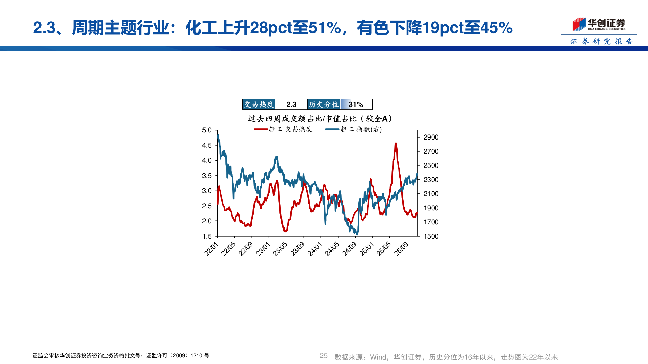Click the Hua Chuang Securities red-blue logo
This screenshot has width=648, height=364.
(x=579, y=24)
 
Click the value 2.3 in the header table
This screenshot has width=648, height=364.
(x=291, y=104)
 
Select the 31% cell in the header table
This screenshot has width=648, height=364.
(x=356, y=104)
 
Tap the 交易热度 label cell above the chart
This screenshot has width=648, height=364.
(x=259, y=104)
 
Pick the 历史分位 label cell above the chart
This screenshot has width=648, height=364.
(x=324, y=104)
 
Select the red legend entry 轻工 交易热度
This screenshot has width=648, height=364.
(x=283, y=129)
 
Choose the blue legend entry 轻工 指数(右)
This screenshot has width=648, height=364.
(x=354, y=129)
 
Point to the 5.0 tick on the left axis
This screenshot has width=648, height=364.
(x=207, y=130)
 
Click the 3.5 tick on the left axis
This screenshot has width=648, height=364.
(x=207, y=176)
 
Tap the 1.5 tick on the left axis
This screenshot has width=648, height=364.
(x=207, y=236)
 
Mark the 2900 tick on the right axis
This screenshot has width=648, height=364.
(x=431, y=137)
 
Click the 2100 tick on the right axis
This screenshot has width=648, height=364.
(x=431, y=194)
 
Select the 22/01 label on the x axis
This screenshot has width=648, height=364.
(x=211, y=249)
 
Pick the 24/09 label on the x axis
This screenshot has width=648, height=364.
(x=349, y=249)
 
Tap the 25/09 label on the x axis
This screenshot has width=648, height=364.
(x=401, y=249)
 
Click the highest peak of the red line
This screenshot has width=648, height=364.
(x=396, y=144)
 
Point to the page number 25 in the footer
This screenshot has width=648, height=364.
(x=323, y=356)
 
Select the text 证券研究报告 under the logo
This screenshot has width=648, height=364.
(x=601, y=41)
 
